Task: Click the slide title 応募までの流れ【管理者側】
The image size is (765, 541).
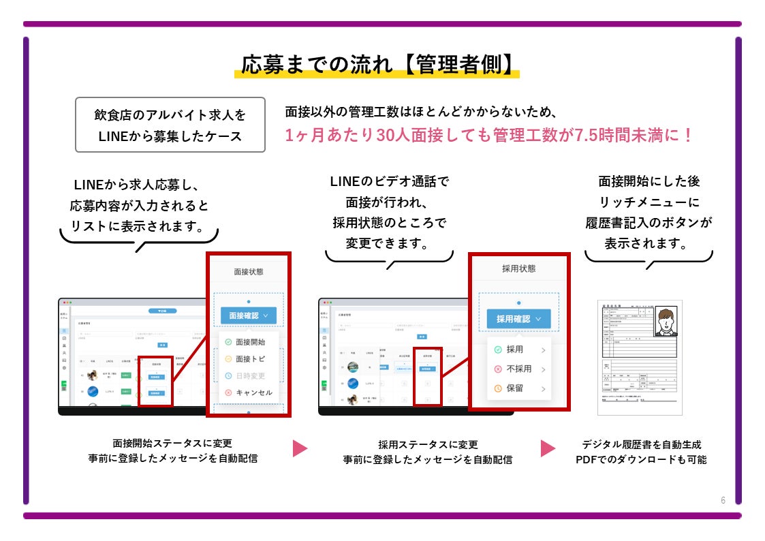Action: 377,65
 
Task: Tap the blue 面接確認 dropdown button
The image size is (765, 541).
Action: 248,316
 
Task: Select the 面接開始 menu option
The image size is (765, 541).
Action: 249,342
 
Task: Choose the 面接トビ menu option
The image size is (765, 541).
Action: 249,359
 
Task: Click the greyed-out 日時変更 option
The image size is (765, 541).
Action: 249,376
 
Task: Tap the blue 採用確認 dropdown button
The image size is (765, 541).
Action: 518,318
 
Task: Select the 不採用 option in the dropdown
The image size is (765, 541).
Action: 518,369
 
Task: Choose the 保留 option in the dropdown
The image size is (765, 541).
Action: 514,388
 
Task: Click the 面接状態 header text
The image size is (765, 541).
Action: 248,272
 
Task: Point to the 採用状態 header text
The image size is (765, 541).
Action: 518,268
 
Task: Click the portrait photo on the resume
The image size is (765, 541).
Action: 666,321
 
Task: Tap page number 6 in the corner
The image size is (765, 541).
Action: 723,500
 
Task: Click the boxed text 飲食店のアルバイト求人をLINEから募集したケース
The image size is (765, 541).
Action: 170,125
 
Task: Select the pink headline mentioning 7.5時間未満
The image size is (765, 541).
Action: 488,135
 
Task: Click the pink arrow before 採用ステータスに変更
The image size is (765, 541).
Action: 300,448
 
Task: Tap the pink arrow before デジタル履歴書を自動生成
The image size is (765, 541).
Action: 548,448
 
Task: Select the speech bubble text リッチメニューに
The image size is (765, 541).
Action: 649,202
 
